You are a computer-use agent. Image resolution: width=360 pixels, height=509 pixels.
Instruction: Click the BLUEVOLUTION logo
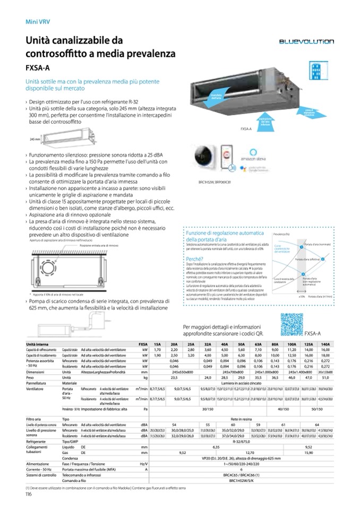(307, 41)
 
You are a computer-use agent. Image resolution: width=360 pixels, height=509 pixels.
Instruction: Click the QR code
(292, 325)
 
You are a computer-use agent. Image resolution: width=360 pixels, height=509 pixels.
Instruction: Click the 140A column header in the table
(325, 344)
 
